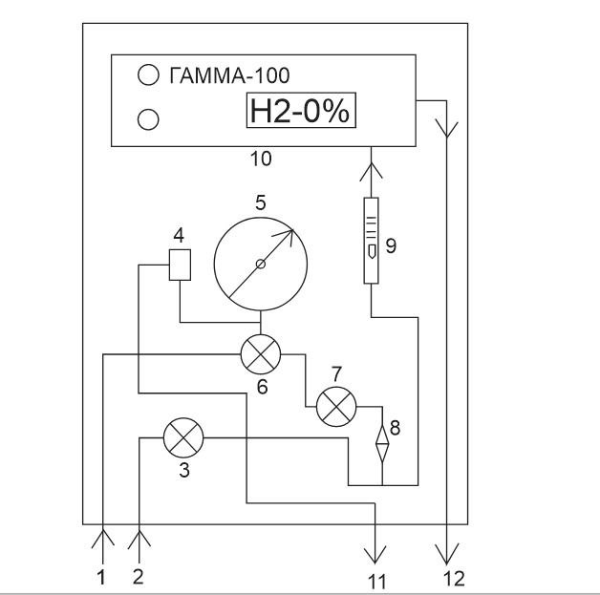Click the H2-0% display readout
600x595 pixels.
pos(299,113)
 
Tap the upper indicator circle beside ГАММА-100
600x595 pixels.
pos(147,74)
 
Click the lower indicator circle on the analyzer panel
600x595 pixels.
pos(147,118)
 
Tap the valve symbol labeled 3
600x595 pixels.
pos(180,439)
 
